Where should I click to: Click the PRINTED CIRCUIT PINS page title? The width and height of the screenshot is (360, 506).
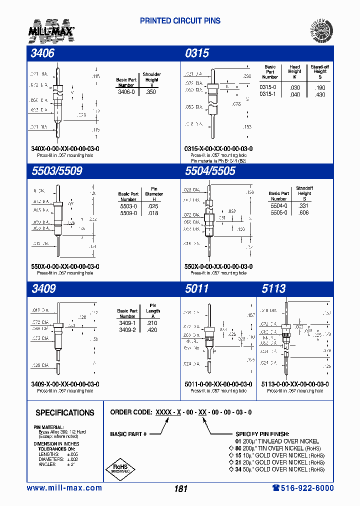coord(180,21)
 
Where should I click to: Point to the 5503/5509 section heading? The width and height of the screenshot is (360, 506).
coord(56,171)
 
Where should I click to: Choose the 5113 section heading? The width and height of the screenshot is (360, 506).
coord(273,288)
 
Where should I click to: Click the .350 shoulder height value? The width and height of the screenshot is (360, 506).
coord(150,92)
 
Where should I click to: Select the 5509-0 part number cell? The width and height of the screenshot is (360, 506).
coord(128,212)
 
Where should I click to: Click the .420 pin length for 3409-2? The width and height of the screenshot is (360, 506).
coord(152,330)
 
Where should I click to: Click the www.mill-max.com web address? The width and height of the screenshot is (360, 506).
coord(64,488)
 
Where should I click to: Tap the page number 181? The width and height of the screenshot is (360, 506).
coord(180,488)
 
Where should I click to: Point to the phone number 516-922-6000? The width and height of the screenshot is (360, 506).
coord(303,488)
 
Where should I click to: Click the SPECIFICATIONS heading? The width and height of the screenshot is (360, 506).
coord(65,412)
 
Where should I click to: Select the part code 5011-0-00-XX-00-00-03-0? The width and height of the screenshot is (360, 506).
coord(218,384)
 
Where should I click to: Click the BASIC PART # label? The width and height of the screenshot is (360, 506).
coord(128,434)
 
